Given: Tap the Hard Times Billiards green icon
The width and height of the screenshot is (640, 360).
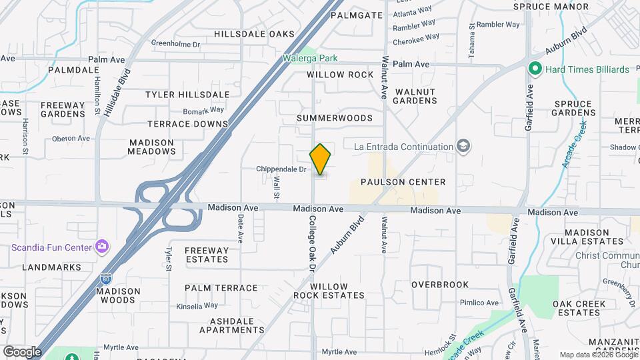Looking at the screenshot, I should click(x=534, y=69).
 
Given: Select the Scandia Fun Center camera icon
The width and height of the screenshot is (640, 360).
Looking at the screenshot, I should click(x=101, y=247).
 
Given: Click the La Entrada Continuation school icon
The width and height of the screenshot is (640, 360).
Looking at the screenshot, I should click(x=464, y=146).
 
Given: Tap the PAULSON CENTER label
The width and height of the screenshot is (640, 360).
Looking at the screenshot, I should click(x=403, y=182).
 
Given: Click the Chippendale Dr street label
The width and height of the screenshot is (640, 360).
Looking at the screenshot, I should click(x=281, y=169).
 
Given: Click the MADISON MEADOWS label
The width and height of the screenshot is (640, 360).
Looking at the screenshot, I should click(x=152, y=147).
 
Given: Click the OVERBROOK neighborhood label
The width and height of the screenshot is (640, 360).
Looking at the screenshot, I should click(x=440, y=285).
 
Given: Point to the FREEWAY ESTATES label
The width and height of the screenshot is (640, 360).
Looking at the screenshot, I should click(x=207, y=255).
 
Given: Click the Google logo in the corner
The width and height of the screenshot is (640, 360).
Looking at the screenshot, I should click(x=22, y=351).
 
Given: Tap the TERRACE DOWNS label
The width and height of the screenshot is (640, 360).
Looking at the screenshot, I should click(x=188, y=124).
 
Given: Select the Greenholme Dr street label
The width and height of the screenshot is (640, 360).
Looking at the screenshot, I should click(x=175, y=44).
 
